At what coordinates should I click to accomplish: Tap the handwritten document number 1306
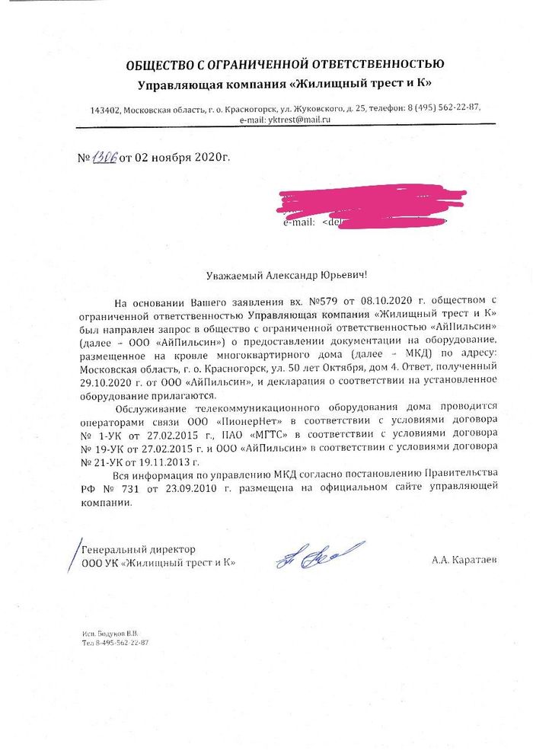tap(102, 158)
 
